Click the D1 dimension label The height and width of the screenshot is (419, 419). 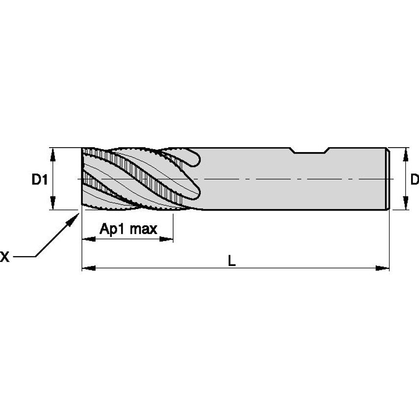coord(40,180)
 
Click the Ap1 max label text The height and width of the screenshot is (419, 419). coord(128,229)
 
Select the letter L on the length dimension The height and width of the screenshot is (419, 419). coord(232,262)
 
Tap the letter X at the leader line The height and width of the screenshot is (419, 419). coord(4,256)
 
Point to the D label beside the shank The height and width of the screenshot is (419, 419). coord(415,180)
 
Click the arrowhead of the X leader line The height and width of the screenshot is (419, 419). coord(74,217)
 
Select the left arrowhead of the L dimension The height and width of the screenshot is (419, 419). coord(87,268)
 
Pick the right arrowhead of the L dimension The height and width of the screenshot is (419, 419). coord(383,268)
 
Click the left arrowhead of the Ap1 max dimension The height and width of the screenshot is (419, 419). coord(87,239)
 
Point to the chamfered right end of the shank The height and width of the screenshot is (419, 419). coord(389,179)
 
